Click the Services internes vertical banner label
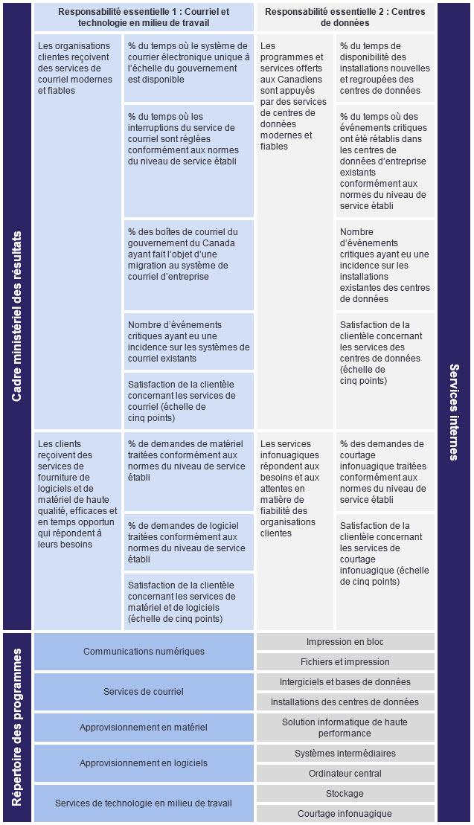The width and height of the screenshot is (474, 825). click(454, 411)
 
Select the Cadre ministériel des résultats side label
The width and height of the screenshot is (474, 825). click(17, 316)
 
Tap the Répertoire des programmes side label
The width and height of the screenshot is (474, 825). click(17, 728)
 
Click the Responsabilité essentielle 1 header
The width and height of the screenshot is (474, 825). click(144, 17)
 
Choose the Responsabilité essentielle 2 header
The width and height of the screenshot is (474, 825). click(345, 17)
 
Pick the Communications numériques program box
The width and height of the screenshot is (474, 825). click(144, 652)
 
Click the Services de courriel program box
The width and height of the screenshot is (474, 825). click(144, 692)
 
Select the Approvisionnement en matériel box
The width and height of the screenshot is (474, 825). click(144, 728)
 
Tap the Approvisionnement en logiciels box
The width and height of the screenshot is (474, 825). click(144, 763)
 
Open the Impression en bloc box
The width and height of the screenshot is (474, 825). click(345, 642)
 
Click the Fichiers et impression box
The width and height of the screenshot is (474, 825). click(345, 662)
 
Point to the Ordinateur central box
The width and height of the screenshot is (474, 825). click(345, 774)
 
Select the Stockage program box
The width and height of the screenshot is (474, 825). click(345, 794)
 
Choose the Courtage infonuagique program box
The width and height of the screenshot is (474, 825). click(345, 814)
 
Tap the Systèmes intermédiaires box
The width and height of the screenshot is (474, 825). click(345, 754)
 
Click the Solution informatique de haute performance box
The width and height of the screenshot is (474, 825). click(345, 728)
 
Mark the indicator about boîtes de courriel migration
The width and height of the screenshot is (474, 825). click(188, 254)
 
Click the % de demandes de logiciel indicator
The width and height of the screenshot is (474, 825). click(188, 542)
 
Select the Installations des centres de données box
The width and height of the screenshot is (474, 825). click(345, 702)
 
